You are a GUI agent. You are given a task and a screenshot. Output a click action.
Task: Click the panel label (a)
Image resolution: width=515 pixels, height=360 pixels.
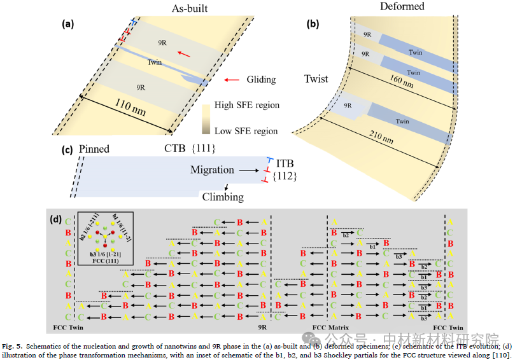[x=67, y=25]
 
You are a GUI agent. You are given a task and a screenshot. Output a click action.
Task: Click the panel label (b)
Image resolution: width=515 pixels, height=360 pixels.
[x=313, y=25]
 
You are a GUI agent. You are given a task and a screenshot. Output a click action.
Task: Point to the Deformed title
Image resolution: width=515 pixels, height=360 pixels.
[x=402, y=7]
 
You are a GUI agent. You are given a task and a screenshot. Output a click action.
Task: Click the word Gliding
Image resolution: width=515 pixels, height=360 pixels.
[x=260, y=80]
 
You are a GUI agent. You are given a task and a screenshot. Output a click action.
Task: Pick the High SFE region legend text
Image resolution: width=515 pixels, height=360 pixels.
[x=246, y=105]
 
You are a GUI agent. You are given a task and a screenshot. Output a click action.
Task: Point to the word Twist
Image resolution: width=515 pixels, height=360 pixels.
[x=316, y=80]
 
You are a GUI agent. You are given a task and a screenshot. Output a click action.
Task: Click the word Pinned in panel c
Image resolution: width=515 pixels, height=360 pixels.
[x=95, y=150]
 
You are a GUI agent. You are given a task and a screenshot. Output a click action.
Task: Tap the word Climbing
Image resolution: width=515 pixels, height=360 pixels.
[x=223, y=197]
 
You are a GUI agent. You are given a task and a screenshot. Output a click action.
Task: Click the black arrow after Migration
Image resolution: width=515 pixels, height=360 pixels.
[x=246, y=170]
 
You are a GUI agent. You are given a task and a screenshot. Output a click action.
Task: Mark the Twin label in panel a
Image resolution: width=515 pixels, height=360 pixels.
[x=154, y=62]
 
